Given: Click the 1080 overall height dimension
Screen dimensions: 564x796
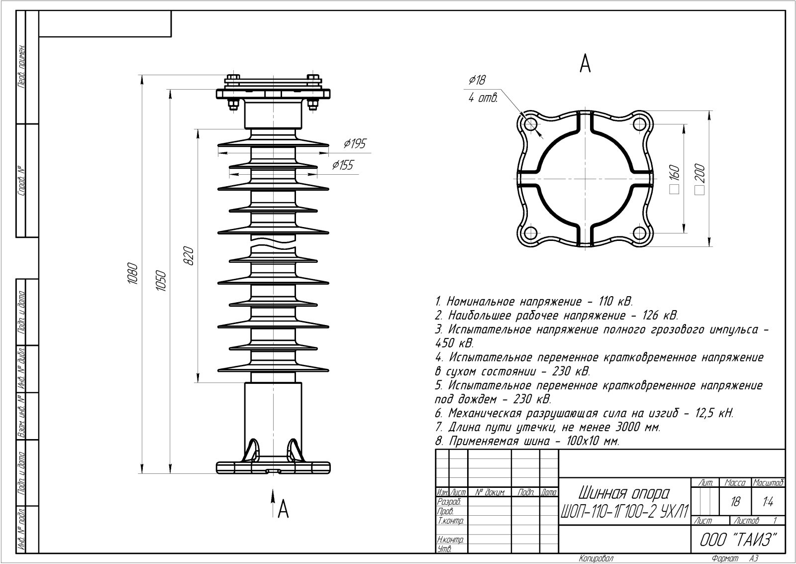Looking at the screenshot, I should [x=133, y=273].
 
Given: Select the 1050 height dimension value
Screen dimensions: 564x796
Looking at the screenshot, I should [x=161, y=281].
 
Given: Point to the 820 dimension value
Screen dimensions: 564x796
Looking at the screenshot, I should [x=188, y=255].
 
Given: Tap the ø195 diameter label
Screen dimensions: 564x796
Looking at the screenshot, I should [x=354, y=144].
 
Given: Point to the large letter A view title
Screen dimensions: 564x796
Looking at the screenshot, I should [x=585, y=63].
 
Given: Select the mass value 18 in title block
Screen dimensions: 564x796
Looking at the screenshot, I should [x=735, y=502].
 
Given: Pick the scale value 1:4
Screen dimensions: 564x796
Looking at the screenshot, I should [x=767, y=502].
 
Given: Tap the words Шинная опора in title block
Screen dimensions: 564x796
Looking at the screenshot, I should [x=624, y=493].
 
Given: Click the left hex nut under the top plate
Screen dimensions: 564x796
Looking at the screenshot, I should [x=233, y=105].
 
